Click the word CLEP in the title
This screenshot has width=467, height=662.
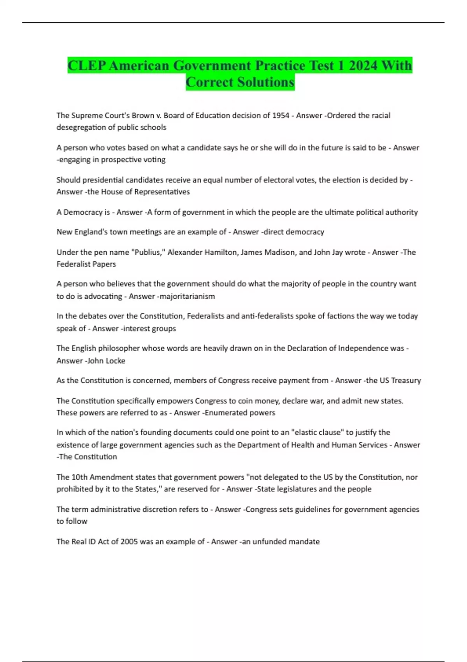(x=87, y=65)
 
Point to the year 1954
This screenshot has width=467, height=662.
(x=280, y=115)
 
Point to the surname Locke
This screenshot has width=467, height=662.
(x=115, y=361)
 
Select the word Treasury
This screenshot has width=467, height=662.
(x=406, y=380)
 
